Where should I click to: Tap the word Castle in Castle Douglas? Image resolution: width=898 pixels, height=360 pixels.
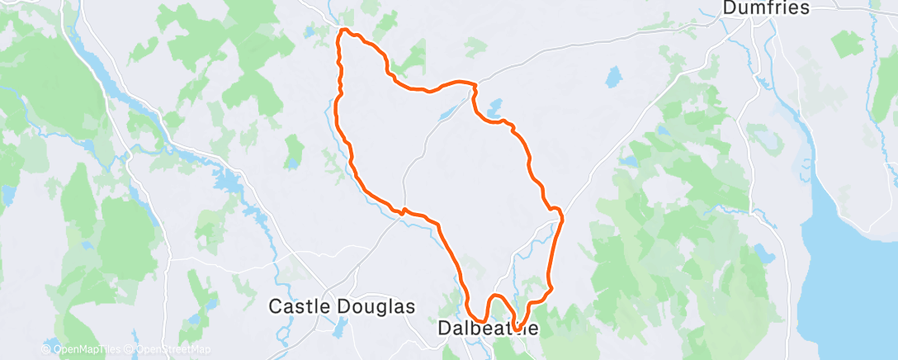pyautogui.click(x=298, y=306)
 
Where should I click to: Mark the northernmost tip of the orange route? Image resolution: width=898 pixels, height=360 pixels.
pyautogui.click(x=344, y=31)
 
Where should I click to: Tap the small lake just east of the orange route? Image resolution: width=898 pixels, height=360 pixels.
pyautogui.click(x=494, y=108)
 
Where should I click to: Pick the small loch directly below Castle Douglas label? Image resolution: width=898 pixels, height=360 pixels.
pyautogui.click(x=338, y=329)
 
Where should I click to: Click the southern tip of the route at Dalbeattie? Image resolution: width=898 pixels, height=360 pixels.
pyautogui.click(x=516, y=330)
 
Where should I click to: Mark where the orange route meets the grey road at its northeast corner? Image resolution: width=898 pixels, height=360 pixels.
pyautogui.click(x=475, y=83)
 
